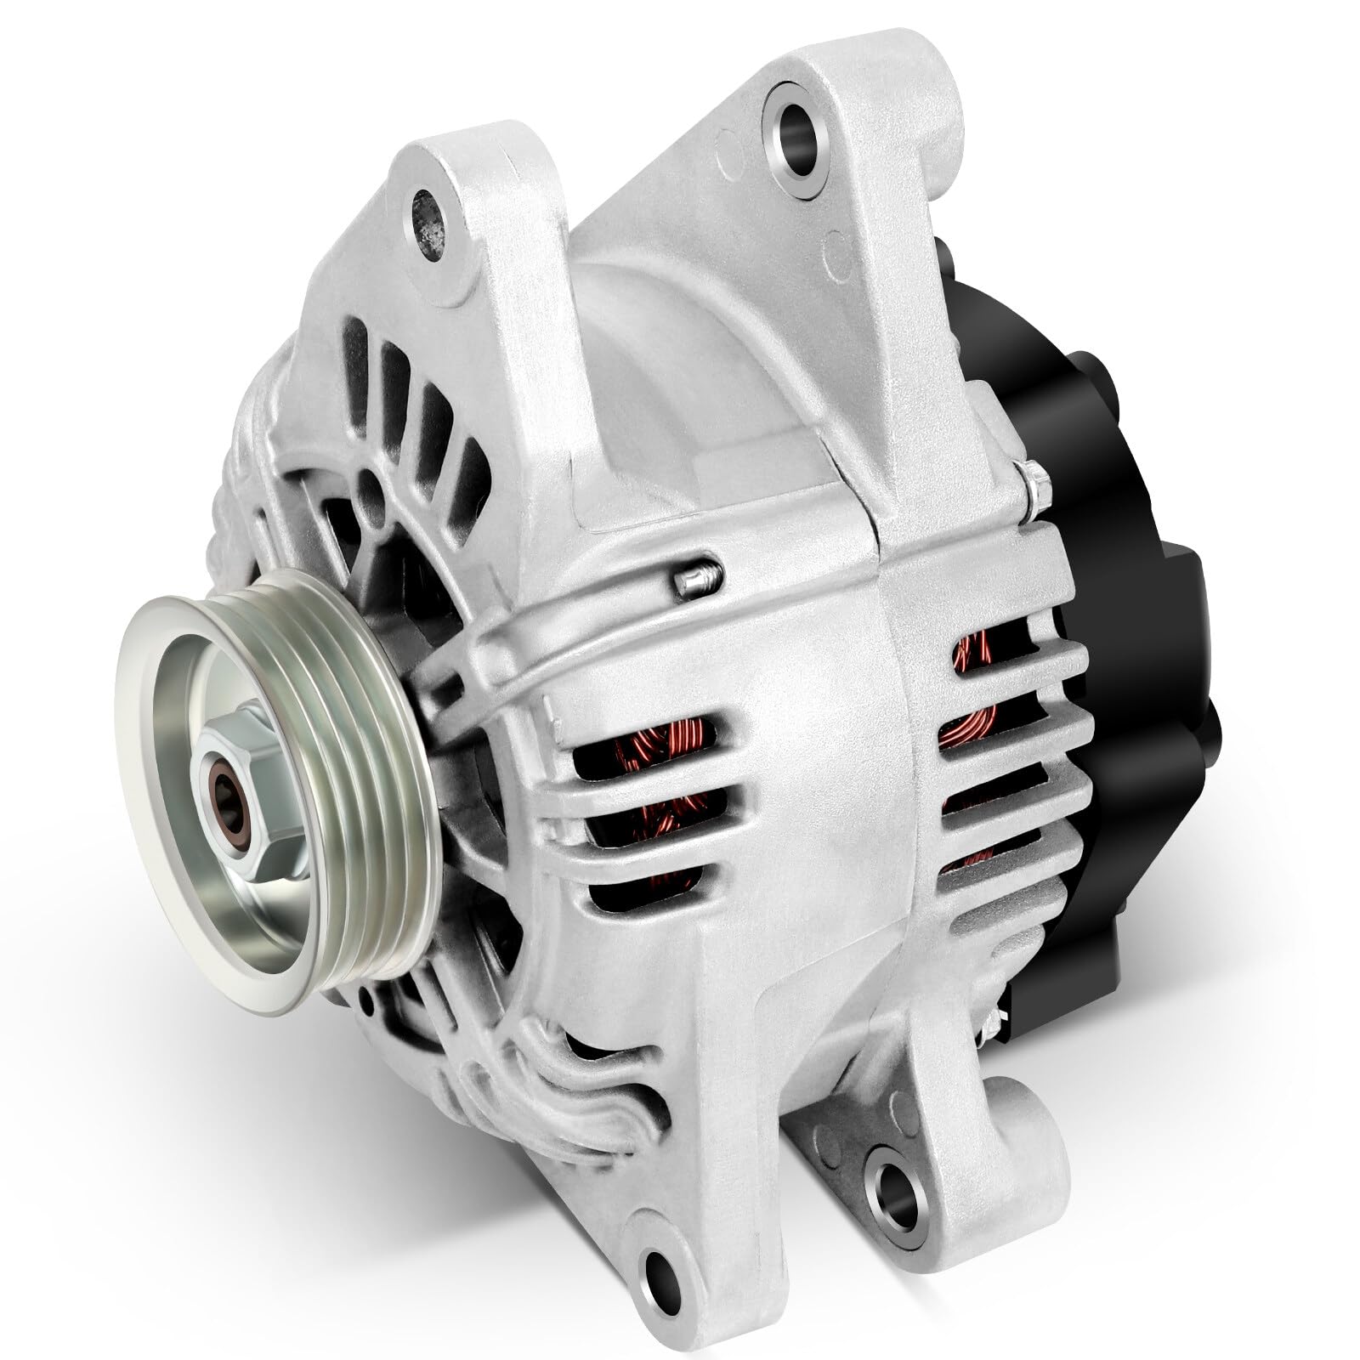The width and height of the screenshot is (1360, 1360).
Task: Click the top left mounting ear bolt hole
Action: click(x=435, y=205)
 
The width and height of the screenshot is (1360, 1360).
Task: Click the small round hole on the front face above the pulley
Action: click(x=368, y=490)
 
